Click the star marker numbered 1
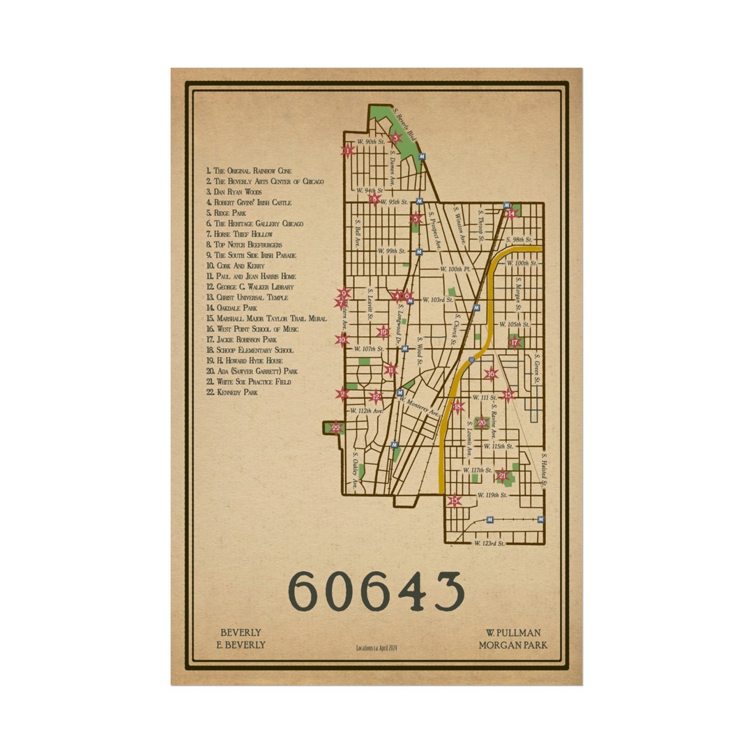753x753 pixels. coord(347,150)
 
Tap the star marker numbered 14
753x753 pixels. coord(511,213)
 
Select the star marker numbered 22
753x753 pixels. coord(336,427)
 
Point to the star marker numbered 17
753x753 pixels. coord(515,342)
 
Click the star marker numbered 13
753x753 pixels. coord(455,500)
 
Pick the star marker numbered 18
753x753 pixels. coord(458,406)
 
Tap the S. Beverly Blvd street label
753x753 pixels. coord(406,124)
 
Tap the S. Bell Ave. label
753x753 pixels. coord(358,231)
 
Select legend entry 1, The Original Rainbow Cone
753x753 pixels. coord(249,170)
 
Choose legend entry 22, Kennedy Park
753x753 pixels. coord(232,393)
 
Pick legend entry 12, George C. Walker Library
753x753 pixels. coord(250,287)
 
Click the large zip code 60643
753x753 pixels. coord(376,591)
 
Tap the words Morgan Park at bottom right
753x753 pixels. coord(512,645)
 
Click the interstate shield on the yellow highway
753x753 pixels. coord(472,360)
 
